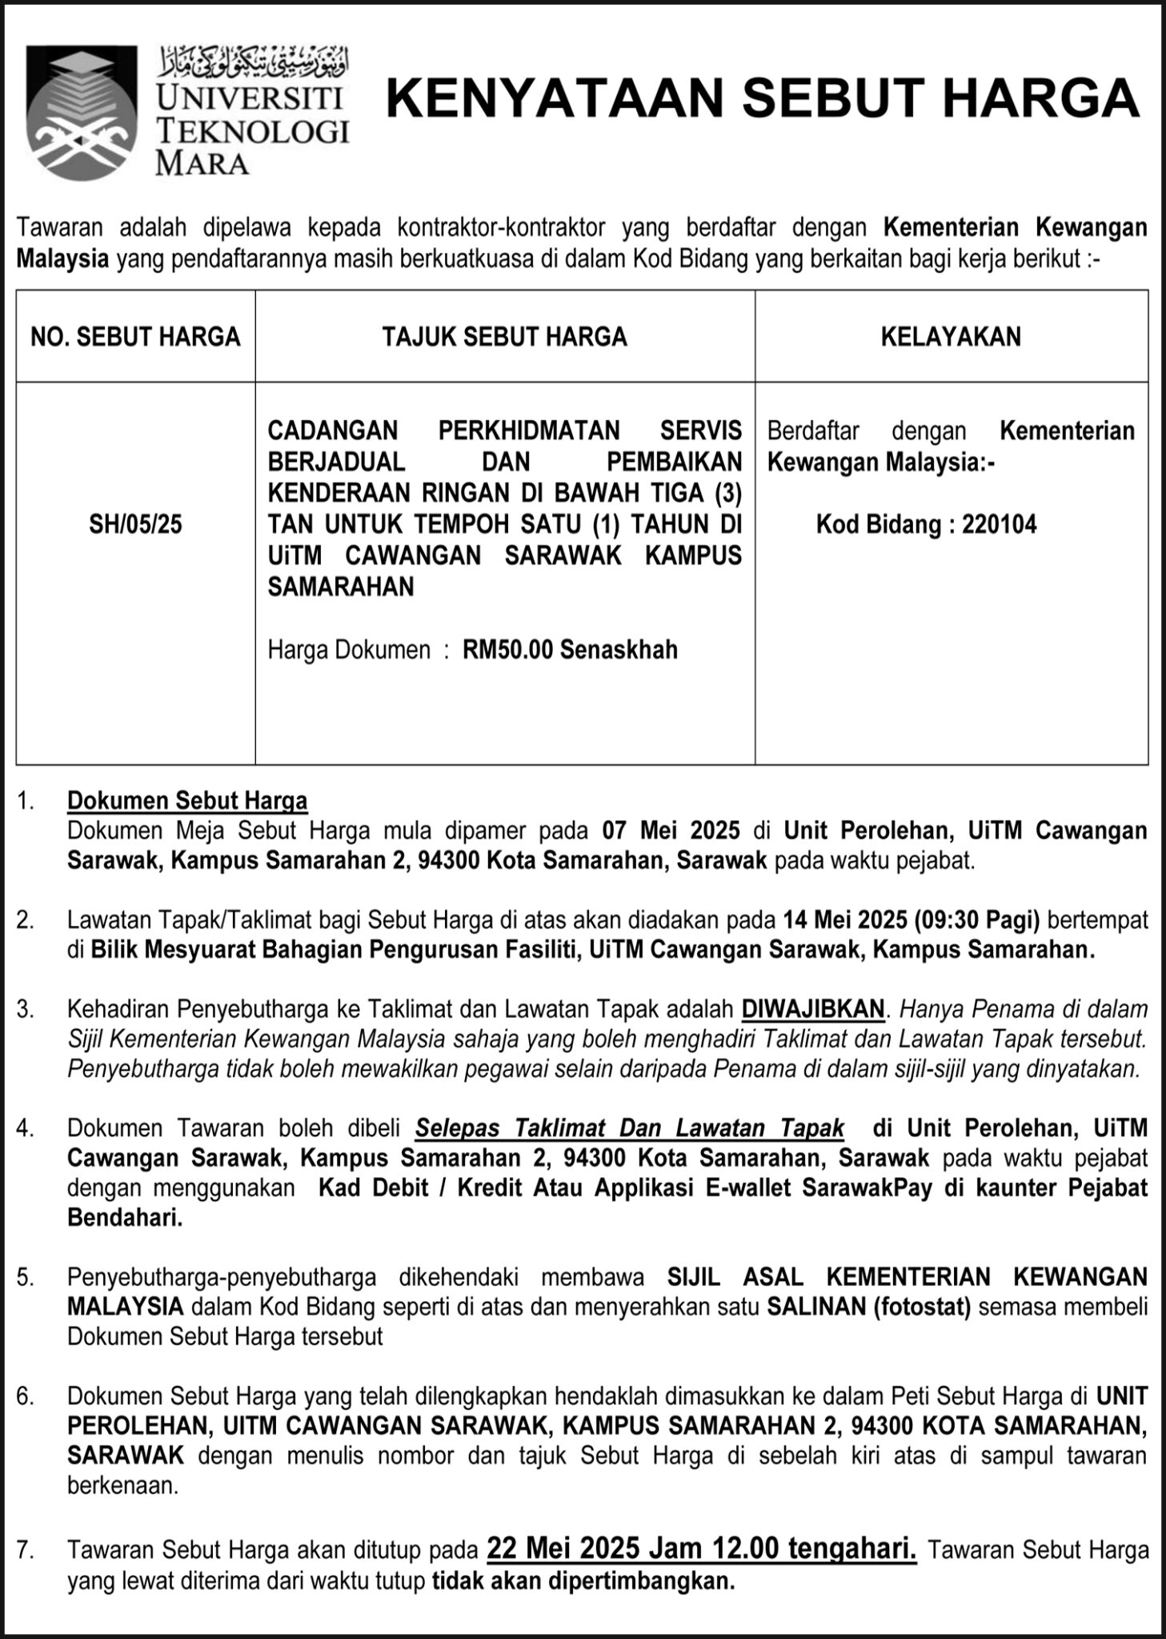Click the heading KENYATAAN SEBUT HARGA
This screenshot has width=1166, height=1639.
763,99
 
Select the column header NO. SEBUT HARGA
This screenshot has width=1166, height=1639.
135,337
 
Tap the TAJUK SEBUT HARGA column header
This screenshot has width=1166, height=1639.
504,337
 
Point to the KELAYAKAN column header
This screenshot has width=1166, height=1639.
951,337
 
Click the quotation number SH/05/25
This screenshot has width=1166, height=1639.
135,524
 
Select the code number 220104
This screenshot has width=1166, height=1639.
1000,524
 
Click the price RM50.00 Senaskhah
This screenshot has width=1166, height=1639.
570,649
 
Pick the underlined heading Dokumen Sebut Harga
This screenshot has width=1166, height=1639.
187,800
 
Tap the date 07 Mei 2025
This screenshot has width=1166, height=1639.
671,831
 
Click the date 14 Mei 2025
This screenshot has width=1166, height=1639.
845,920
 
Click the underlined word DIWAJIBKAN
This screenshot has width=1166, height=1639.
813,1009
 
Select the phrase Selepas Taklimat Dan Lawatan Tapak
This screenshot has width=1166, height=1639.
630,1128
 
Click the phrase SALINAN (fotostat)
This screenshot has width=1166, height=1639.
868,1307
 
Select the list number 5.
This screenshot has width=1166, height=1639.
26,1277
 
